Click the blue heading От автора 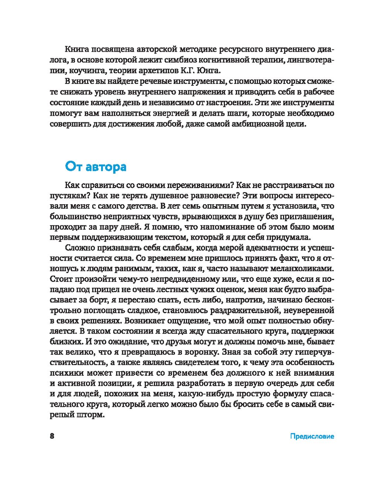point(96,167)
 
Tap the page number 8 point(52,436)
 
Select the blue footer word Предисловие point(312,436)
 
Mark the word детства point(143,206)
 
